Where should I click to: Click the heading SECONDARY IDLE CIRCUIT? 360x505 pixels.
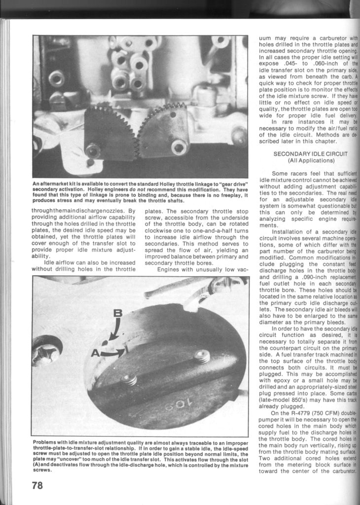coord(311,154)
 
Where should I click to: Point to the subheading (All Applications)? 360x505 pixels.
coord(311,161)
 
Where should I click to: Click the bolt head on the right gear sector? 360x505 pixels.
coord(179,146)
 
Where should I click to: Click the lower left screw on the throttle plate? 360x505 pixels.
coord(129,380)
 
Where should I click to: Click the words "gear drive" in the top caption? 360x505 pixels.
coord(231,184)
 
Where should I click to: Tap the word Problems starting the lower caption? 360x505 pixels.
coord(46,441)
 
